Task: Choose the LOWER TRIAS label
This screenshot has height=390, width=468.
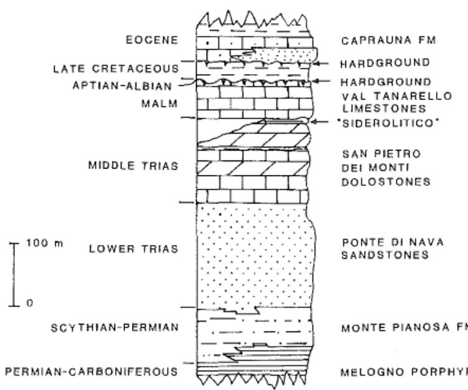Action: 134,249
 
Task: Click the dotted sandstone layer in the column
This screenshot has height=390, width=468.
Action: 252,255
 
